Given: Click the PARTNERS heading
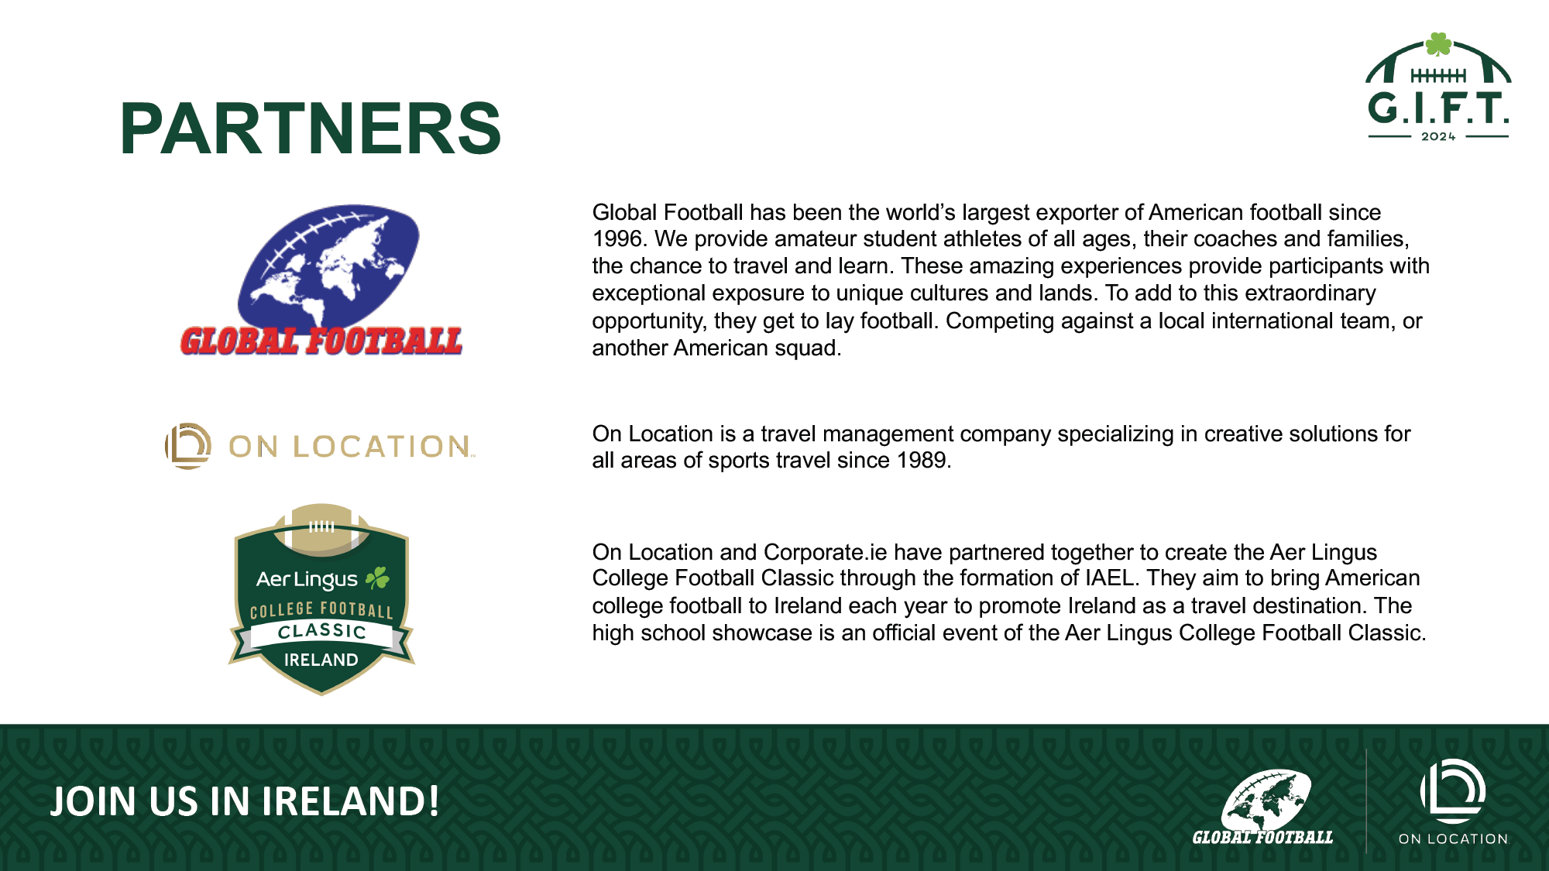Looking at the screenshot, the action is [311, 129].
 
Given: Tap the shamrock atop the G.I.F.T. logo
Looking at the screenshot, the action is [1438, 43].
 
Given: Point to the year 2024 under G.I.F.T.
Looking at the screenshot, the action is [1438, 136].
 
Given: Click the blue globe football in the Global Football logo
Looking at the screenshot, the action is [328, 265].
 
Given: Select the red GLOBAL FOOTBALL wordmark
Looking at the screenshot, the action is [321, 341].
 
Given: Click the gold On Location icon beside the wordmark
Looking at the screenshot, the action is [187, 446].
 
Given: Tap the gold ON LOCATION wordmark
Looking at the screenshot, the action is [349, 447].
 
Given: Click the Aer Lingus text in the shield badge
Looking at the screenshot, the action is [307, 579].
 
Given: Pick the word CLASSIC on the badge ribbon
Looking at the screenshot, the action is [321, 631].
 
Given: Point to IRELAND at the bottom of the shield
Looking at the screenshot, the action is [321, 660].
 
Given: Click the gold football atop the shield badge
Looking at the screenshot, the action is [321, 530].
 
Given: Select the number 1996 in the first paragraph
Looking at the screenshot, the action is [617, 238].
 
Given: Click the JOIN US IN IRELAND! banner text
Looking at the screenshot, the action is [245, 801].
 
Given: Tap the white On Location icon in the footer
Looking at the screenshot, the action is [1453, 790].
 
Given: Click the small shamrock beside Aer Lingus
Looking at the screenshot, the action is [377, 578].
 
